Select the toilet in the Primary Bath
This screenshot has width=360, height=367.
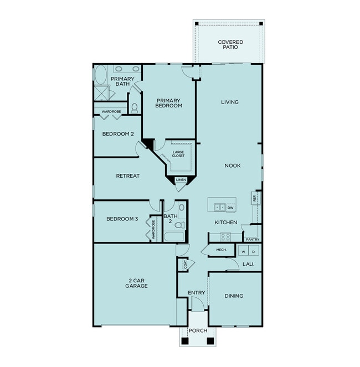click(134, 107)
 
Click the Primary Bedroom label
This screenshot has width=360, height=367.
click(169, 102)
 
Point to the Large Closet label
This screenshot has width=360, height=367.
click(178, 154)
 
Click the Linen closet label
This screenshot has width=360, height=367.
click(181, 180)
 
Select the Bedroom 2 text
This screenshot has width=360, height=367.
click(118, 134)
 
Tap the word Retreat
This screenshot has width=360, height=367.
click(127, 176)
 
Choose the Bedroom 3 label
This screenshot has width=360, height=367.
click(121, 219)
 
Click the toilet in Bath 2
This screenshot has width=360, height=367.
click(179, 225)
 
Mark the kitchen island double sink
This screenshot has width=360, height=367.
click(220, 208)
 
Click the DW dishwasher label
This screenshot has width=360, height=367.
click(230, 208)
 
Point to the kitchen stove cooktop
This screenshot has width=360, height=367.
click(225, 237)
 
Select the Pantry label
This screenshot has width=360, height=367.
click(253, 239)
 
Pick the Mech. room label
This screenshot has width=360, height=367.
click(222, 250)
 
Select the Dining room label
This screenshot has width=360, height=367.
click(234, 296)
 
